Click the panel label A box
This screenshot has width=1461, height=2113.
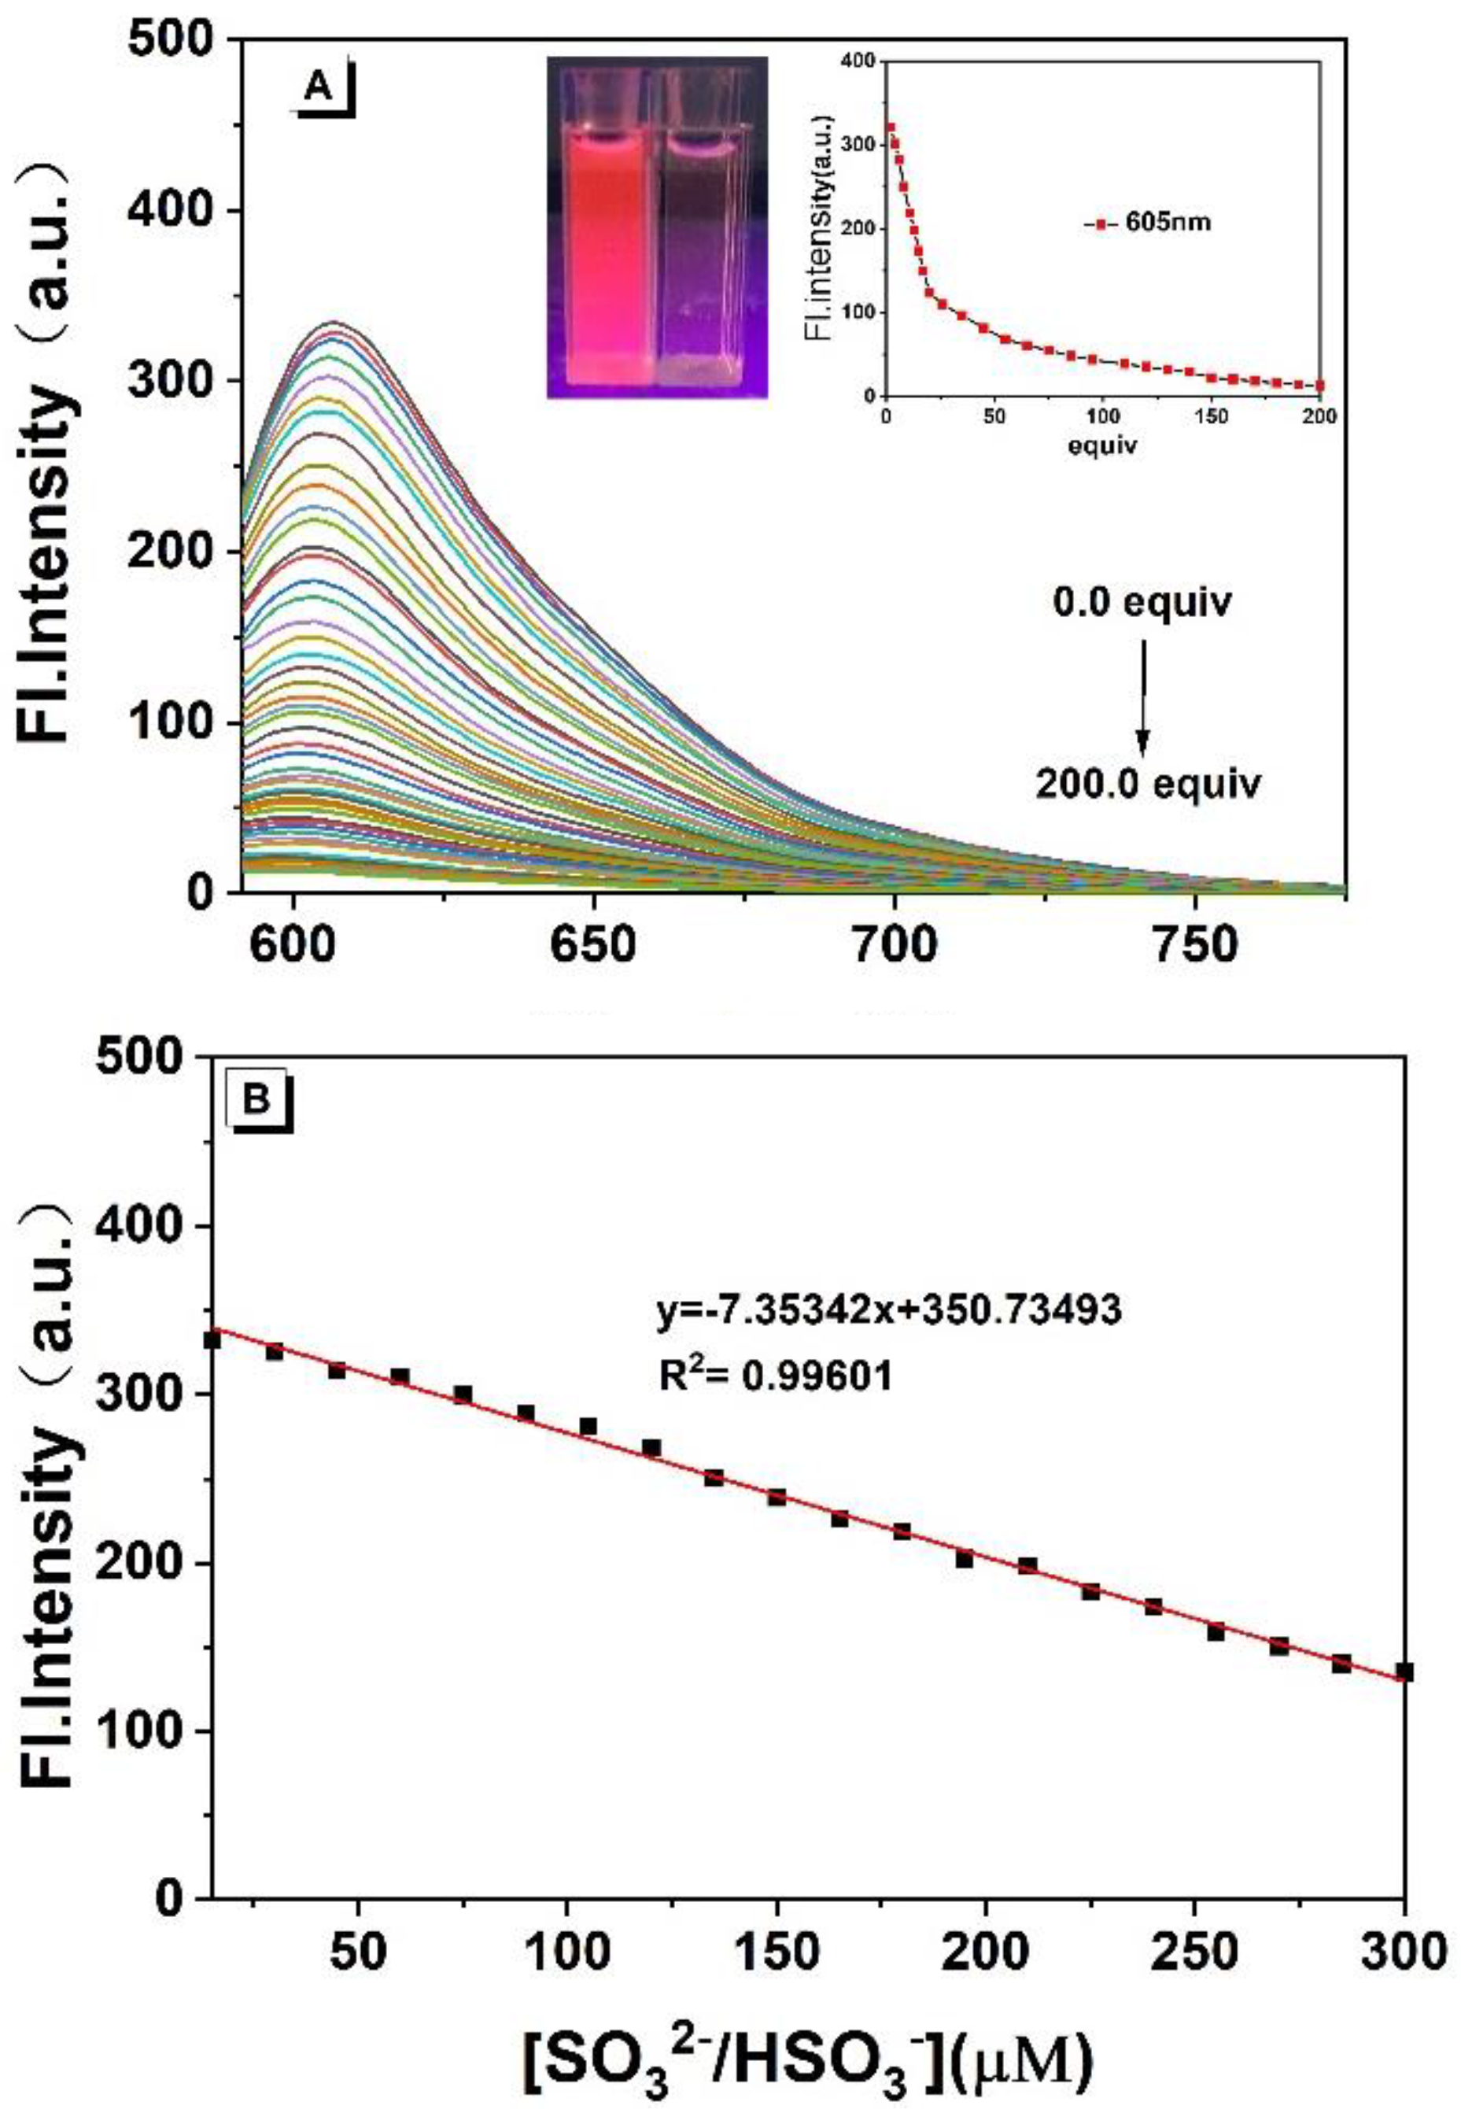(x=319, y=89)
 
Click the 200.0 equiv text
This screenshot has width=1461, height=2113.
(x=1148, y=784)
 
